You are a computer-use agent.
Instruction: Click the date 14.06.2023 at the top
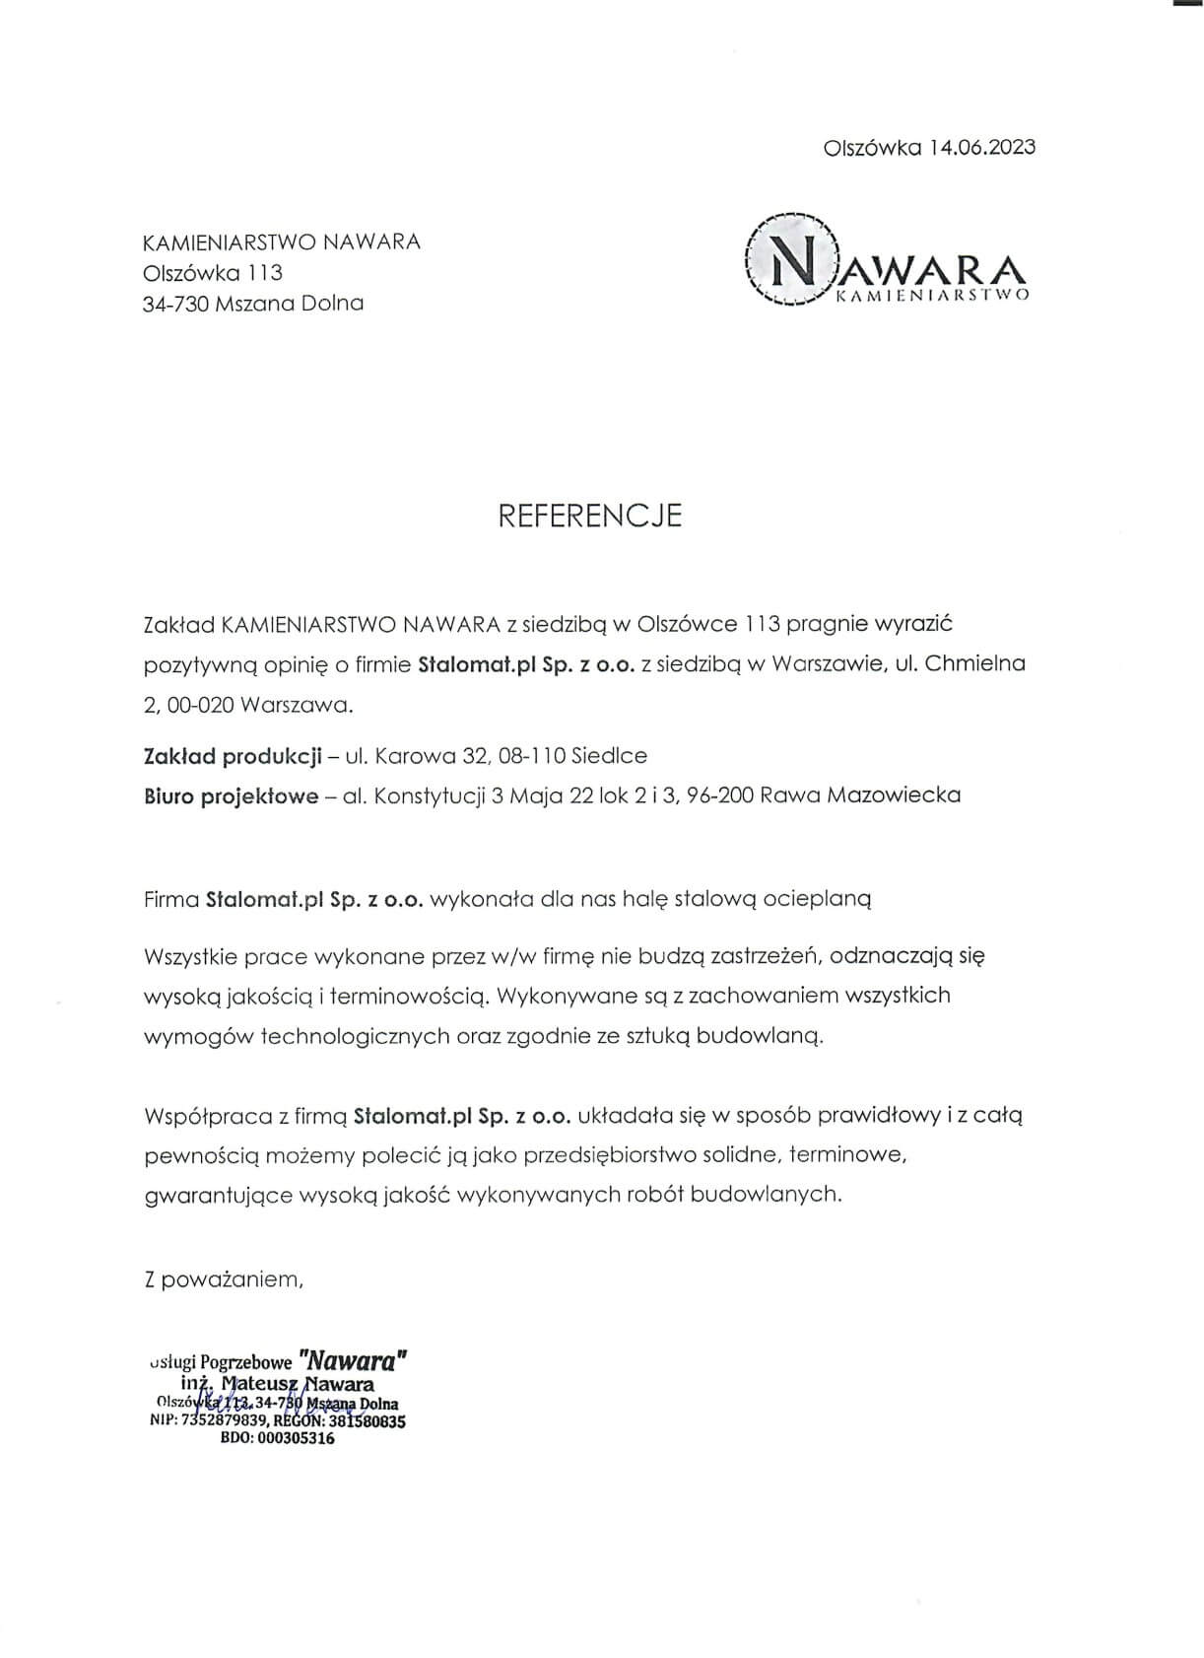pyautogui.click(x=981, y=148)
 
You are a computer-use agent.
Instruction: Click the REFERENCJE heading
pyautogui.click(x=589, y=516)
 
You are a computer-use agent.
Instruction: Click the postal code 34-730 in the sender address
pyautogui.click(x=173, y=304)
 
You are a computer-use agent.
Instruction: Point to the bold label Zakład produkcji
pyautogui.click(x=234, y=756)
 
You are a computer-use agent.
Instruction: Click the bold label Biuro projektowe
pyautogui.click(x=232, y=795)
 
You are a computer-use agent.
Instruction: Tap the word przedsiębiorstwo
pyautogui.click(x=610, y=1155)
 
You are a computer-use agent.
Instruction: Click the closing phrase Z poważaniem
pyautogui.click(x=224, y=1280)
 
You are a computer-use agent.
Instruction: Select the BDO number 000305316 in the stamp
pyautogui.click(x=295, y=1438)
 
